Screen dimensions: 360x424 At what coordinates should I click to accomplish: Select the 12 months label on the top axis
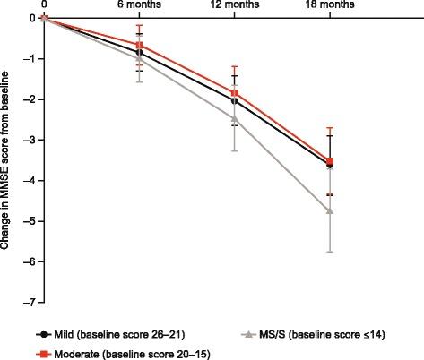point(234,6)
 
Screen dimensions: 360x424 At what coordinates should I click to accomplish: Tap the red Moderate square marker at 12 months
point(235,93)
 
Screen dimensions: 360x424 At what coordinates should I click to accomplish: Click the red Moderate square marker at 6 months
point(139,45)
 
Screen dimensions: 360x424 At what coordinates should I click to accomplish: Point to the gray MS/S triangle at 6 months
point(139,58)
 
